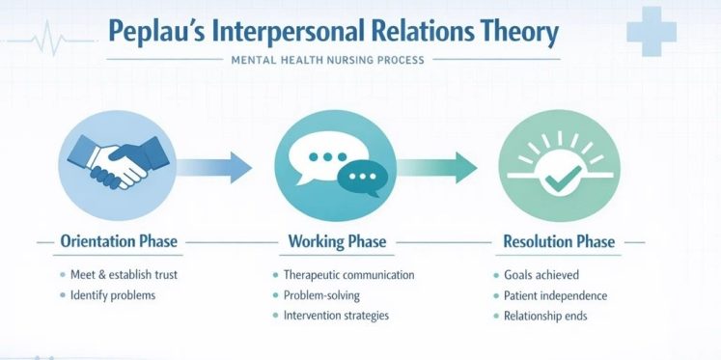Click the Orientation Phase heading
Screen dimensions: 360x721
click(x=119, y=241)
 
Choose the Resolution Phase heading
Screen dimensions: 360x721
click(x=559, y=241)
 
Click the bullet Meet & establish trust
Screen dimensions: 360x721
click(x=124, y=275)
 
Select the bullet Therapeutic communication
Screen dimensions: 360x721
click(x=348, y=275)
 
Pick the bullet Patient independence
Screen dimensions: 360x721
click(x=556, y=295)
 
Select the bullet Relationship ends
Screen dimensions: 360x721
click(x=545, y=315)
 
